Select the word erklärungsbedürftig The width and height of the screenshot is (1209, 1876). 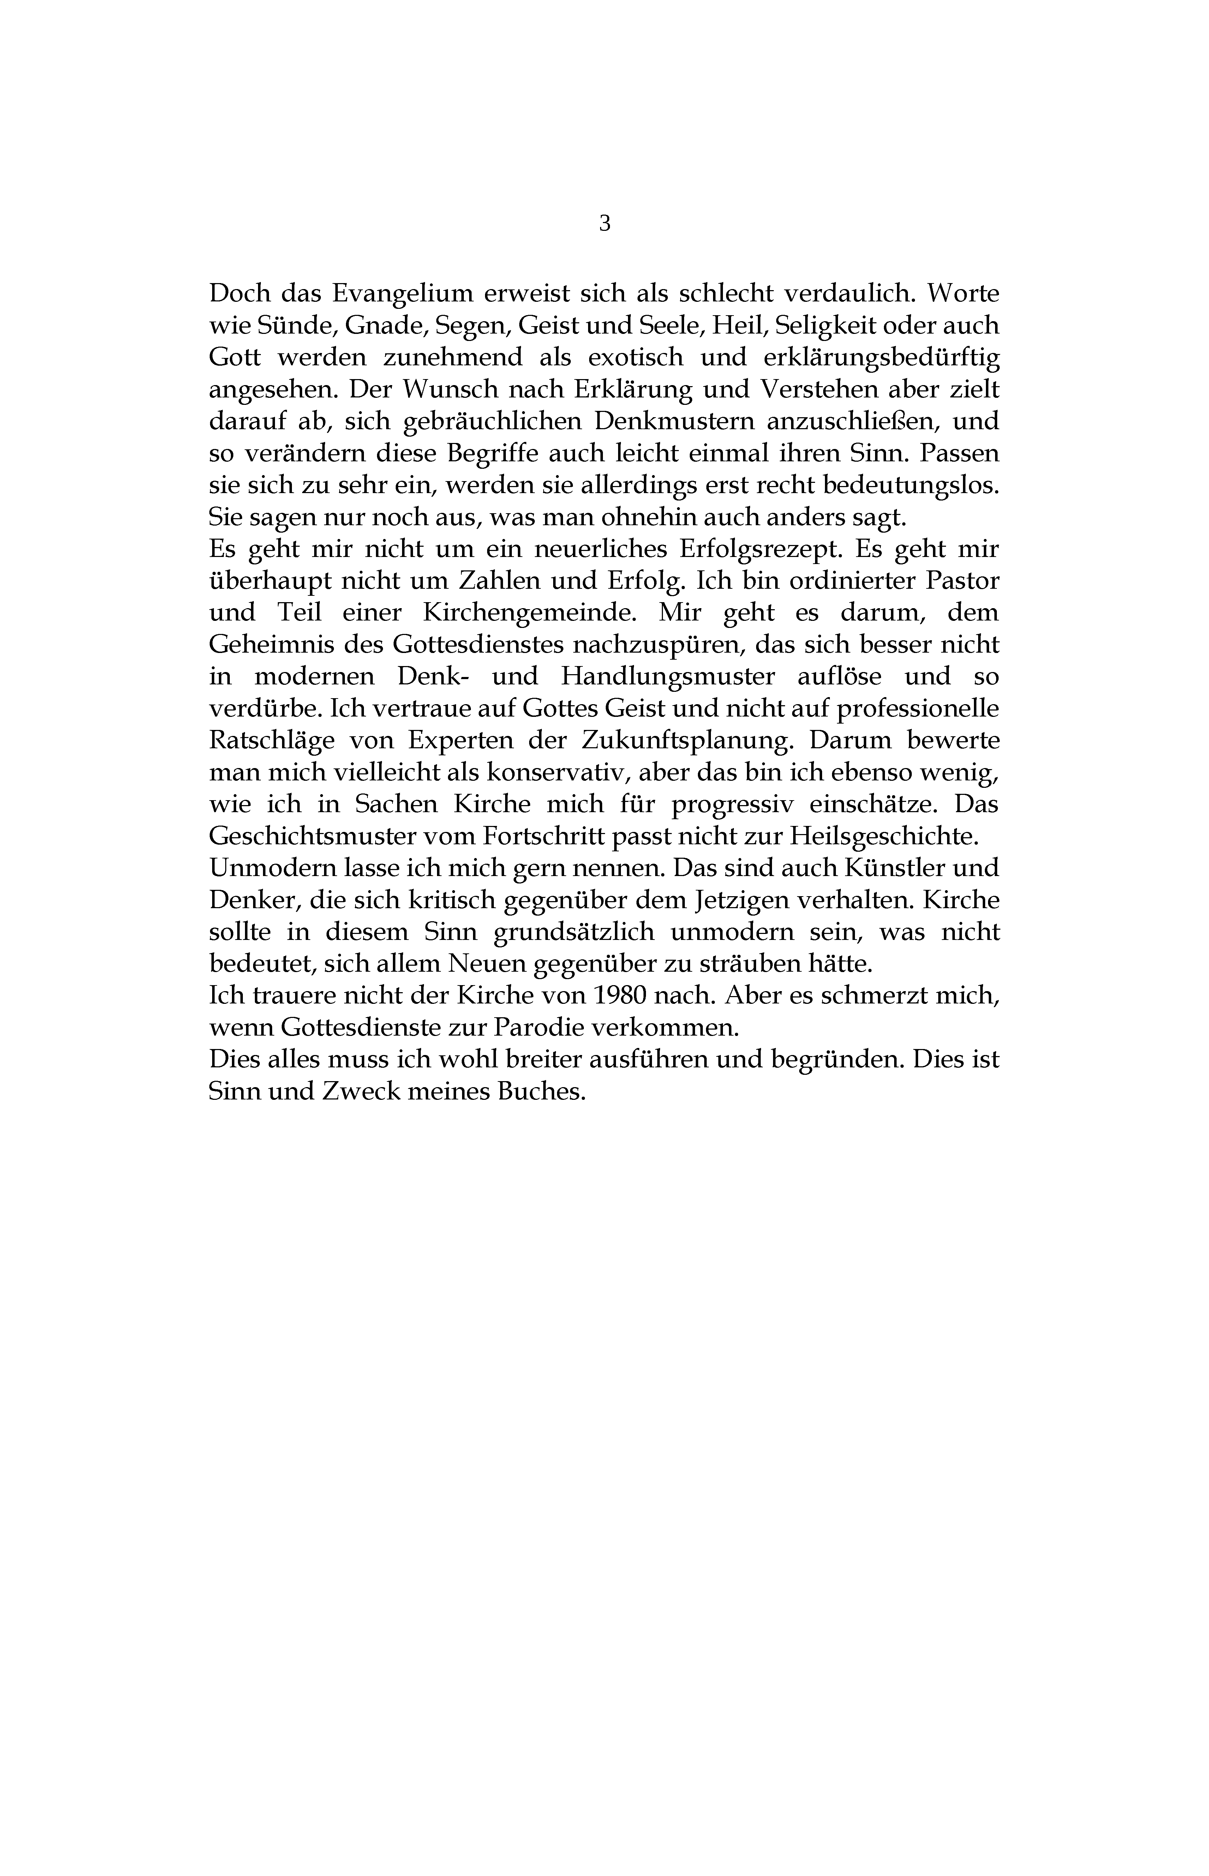(882, 358)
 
